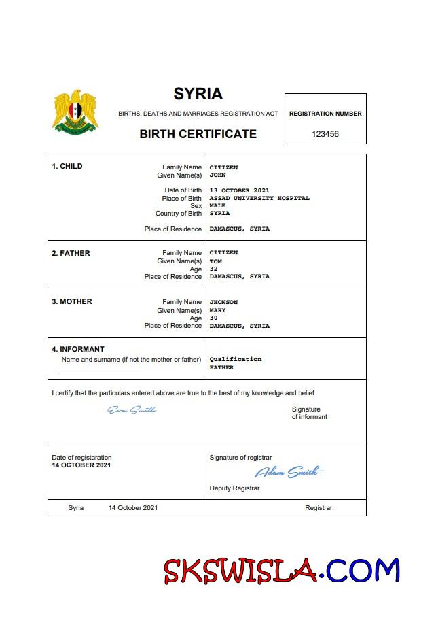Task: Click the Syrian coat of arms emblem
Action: tap(75, 111)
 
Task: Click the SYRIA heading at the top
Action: tap(198, 94)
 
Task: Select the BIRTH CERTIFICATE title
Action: tap(198, 134)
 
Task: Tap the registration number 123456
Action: tap(325, 134)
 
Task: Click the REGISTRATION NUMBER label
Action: tap(325, 114)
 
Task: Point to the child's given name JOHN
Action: tap(217, 175)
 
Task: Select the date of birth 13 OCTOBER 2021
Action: tap(239, 190)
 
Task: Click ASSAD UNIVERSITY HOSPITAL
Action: tap(259, 198)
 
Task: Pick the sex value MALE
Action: tap(217, 205)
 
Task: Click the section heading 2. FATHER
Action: tap(71, 253)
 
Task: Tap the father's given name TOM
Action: tap(215, 261)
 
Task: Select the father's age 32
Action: tap(213, 269)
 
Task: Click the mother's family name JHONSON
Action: tap(223, 302)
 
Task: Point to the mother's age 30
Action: tap(213, 318)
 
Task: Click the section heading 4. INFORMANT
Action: tap(78, 350)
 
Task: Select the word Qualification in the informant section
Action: tap(235, 359)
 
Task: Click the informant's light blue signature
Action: tap(132, 409)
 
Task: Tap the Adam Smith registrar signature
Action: tap(289, 472)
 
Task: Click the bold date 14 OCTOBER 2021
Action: tap(81, 465)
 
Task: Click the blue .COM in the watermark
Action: tap(362, 570)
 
